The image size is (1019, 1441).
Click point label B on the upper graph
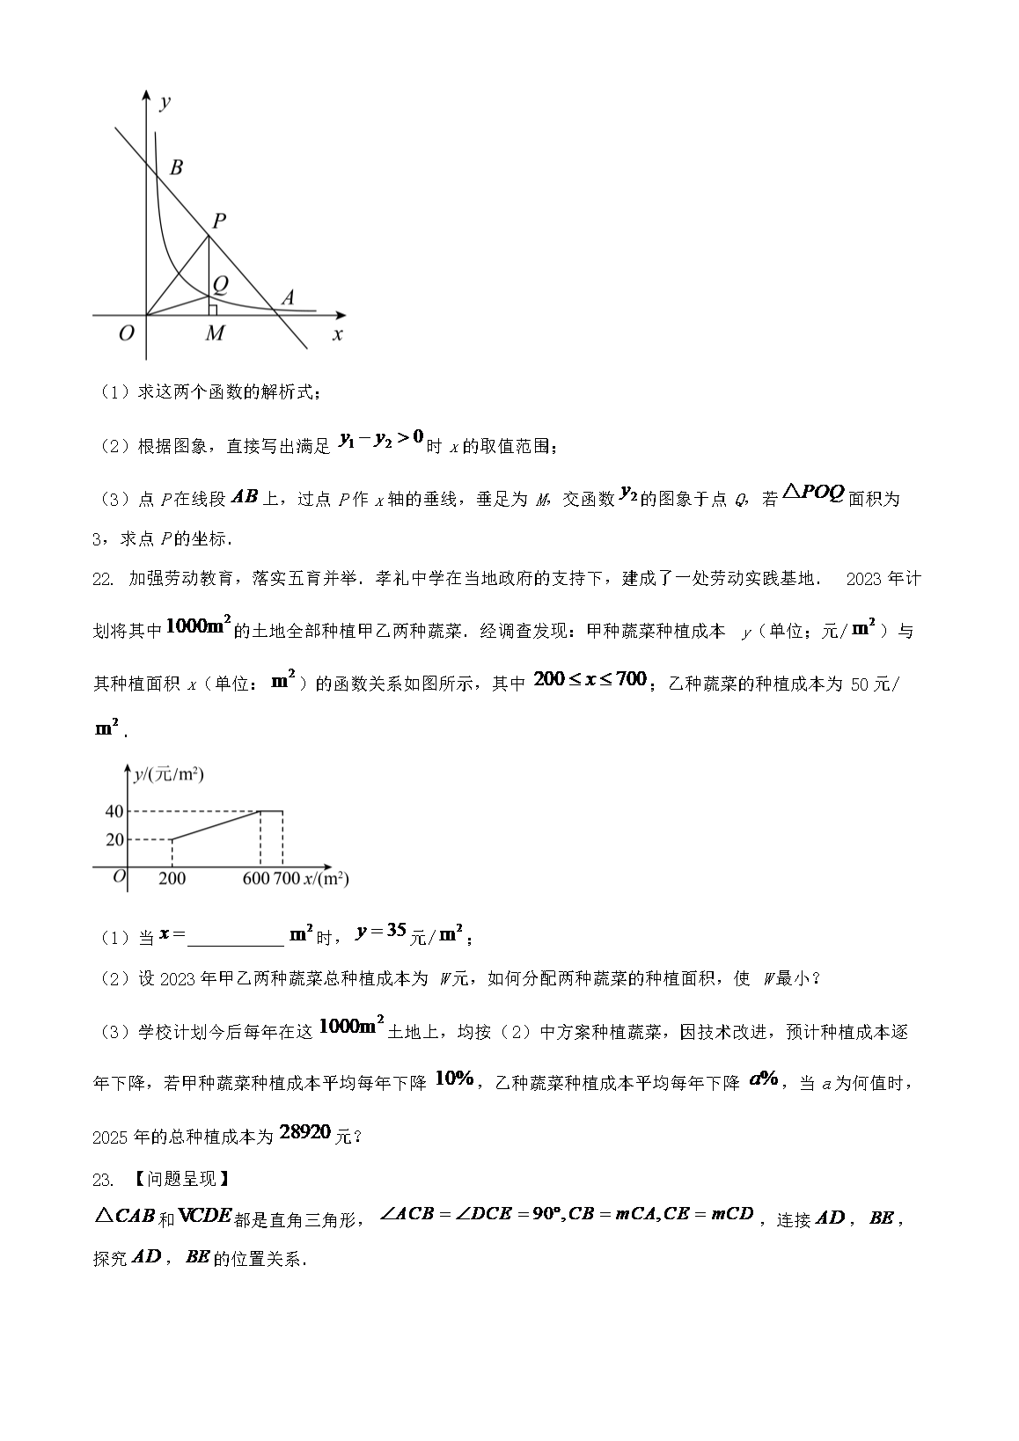point(176,167)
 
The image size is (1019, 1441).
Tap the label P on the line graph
point(219,220)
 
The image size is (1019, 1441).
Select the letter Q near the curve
point(220,283)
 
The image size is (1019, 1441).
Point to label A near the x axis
point(287,297)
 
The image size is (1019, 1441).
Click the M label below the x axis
point(215,333)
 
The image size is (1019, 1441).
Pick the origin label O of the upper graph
point(126,333)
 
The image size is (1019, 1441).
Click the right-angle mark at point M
point(212,310)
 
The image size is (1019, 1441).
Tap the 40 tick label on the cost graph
point(114,811)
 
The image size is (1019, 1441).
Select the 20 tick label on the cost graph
point(114,840)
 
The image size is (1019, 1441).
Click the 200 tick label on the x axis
point(172,878)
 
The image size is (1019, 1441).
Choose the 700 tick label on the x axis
point(287,878)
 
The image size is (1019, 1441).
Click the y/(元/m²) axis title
point(168,774)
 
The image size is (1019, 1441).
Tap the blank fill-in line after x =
point(236,938)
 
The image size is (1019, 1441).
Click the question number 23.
point(103,1179)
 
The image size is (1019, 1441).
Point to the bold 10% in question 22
point(455,1079)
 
